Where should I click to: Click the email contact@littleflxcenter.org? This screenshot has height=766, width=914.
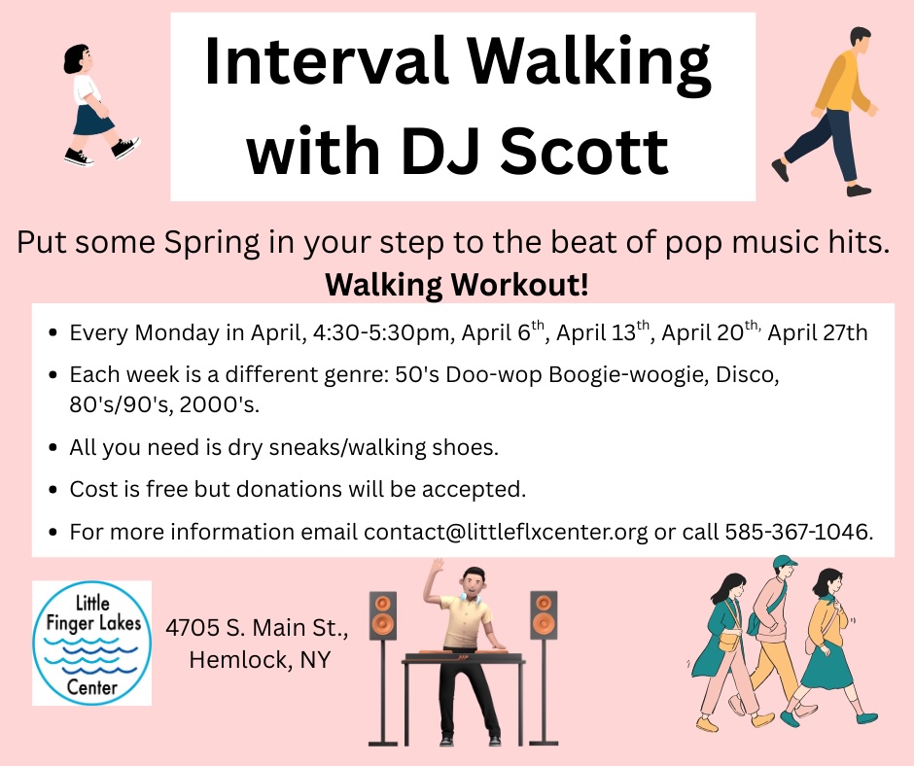506,533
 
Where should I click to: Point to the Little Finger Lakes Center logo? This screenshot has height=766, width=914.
92,643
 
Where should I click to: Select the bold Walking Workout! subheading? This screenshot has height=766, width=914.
456,285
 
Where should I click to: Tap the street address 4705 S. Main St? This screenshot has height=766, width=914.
257,628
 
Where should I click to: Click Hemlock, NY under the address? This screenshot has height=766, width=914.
260,660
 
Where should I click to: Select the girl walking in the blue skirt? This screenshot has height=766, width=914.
100,105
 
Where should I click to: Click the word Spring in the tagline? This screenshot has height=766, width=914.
212,242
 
